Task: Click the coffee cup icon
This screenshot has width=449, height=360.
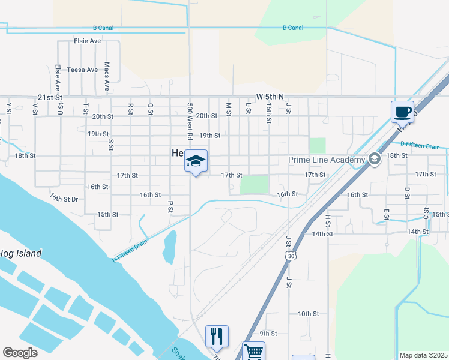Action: [x=402, y=112]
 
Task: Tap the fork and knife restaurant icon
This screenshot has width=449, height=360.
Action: [x=217, y=336]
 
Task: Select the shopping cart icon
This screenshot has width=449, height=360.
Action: [x=253, y=352]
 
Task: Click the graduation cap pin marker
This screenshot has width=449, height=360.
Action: [x=196, y=161]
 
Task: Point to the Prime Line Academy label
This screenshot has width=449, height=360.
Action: [x=327, y=160]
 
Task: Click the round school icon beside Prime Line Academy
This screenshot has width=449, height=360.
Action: [x=375, y=160]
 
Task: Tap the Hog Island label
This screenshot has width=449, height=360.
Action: [x=20, y=253]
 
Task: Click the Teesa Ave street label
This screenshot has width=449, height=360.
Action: [x=82, y=70]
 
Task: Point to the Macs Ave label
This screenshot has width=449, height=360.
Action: [x=107, y=76]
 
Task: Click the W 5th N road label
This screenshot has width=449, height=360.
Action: [x=270, y=96]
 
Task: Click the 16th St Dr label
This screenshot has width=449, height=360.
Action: [x=64, y=197]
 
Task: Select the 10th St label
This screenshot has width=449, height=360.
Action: [x=308, y=314]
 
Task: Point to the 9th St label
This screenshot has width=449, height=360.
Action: [x=268, y=334]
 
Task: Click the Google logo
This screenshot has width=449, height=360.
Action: [x=20, y=353]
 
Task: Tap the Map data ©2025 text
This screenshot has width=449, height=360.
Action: [x=423, y=355]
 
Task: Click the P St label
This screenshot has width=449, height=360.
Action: [x=170, y=206]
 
